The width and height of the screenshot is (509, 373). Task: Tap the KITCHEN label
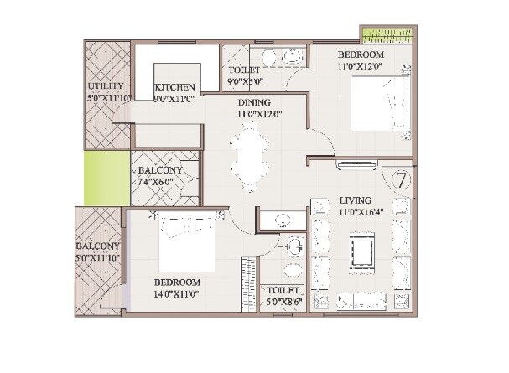[176, 87]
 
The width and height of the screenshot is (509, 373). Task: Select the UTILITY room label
[106, 86]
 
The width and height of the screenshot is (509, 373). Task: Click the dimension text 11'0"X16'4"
[361, 214]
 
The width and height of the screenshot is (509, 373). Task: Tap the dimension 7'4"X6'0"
[166, 181]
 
